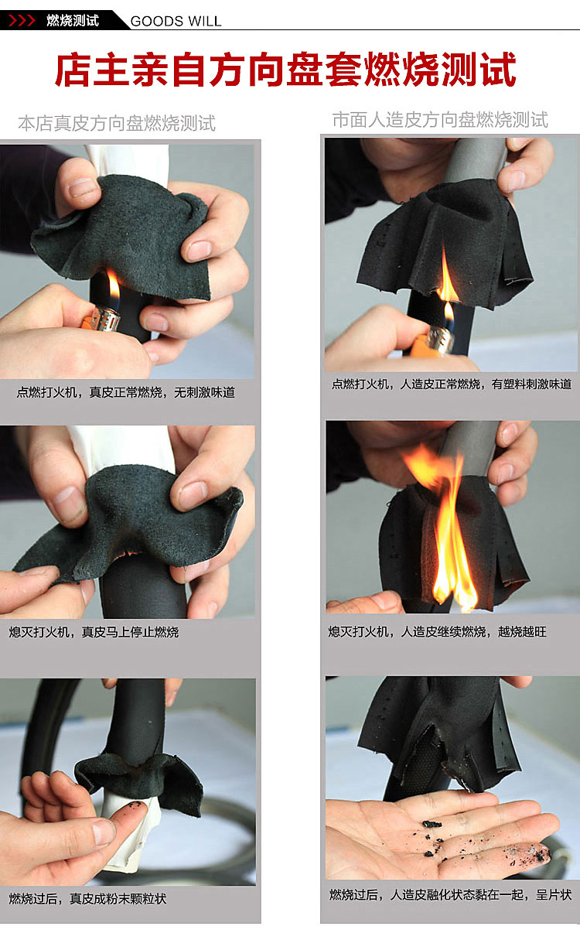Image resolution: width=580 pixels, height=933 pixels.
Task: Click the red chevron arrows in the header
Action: click(22, 20)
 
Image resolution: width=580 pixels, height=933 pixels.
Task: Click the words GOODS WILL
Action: click(176, 21)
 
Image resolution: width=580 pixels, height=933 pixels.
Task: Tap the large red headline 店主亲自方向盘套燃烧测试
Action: click(286, 69)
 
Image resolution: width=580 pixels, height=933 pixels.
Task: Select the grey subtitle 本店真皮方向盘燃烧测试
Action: click(117, 123)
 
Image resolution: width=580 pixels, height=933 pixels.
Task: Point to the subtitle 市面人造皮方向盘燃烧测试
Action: click(440, 120)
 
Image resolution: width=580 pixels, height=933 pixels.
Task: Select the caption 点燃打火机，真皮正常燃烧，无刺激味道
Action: click(126, 392)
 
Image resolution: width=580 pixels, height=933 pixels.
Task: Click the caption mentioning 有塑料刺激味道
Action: click(452, 384)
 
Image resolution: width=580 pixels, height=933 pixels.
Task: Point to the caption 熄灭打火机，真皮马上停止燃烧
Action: click(94, 632)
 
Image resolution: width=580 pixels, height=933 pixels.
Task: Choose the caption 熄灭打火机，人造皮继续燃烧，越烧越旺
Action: click(437, 632)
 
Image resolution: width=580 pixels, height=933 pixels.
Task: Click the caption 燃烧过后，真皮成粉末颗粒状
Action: click(87, 898)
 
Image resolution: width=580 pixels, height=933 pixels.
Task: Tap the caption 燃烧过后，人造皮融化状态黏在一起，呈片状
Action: click(449, 894)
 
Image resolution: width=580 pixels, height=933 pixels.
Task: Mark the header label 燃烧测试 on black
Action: click(73, 20)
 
